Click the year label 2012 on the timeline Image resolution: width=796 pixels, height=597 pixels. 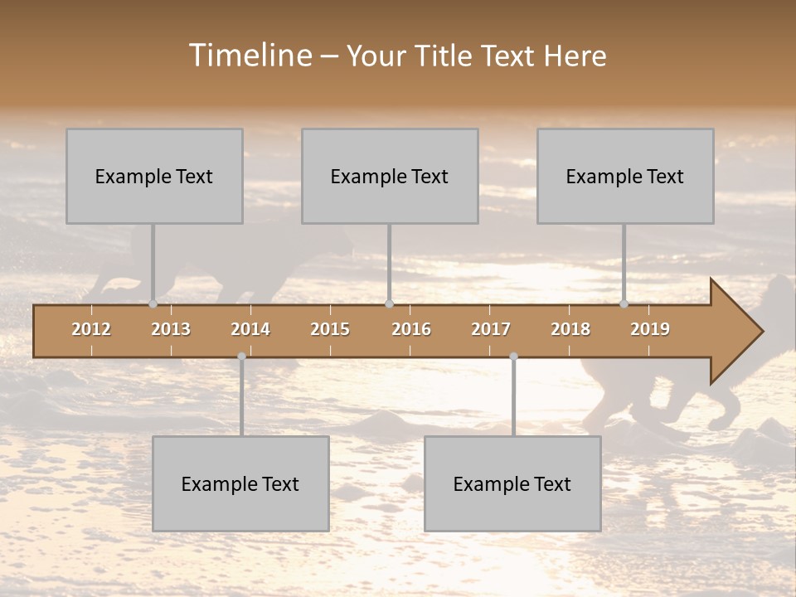tap(91, 329)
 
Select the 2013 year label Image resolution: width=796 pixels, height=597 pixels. tap(171, 329)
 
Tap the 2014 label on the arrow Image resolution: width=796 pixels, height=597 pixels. tap(250, 329)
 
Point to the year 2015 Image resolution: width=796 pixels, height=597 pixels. tap(330, 329)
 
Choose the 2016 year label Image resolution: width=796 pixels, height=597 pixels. tap(411, 329)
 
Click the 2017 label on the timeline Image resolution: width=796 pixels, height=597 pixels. tap(491, 329)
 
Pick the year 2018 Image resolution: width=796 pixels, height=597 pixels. tap(570, 329)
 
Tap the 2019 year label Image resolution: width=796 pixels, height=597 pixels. tap(650, 329)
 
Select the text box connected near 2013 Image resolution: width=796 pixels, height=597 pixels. tap(154, 176)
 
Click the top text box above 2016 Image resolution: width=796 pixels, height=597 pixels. tap(390, 176)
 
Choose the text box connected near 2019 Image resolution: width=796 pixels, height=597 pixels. tap(625, 176)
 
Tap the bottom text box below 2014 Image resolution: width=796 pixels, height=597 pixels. tap(240, 483)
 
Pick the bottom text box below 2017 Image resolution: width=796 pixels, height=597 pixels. tap(512, 483)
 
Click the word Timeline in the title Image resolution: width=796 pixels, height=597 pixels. tap(250, 56)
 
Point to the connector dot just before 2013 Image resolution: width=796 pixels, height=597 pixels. tap(153, 303)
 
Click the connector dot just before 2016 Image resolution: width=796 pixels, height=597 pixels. tap(389, 303)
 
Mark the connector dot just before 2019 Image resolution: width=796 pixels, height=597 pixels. tap(624, 303)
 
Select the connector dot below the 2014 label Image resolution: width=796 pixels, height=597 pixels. tap(241, 357)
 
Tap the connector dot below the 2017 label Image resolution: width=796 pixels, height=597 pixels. tap(513, 357)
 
